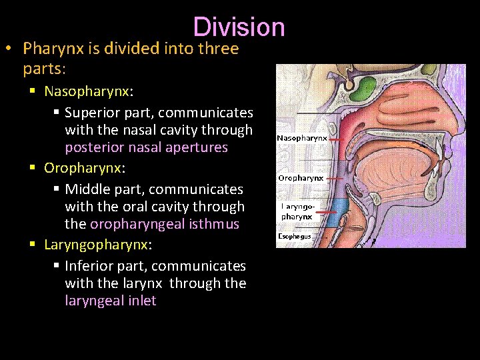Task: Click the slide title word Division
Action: click(239, 27)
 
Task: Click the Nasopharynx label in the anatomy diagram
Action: click(302, 138)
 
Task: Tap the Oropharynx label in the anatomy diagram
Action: click(301, 178)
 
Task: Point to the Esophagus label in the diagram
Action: click(294, 236)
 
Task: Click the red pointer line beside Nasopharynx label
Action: click(337, 139)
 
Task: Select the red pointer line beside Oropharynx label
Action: click(335, 179)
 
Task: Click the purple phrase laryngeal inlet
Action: click(111, 301)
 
